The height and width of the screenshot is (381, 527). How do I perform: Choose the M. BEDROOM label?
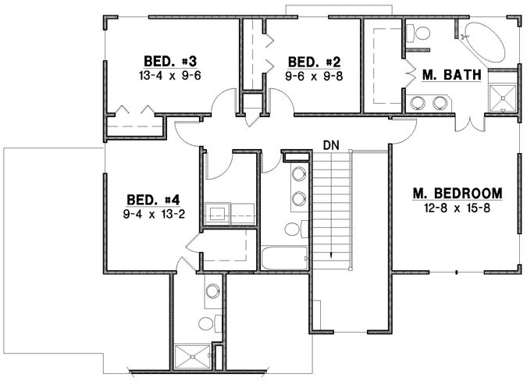[458, 194]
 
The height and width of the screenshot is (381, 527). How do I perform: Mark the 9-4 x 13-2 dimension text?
[153, 215]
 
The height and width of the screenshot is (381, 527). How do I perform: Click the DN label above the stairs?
[331, 145]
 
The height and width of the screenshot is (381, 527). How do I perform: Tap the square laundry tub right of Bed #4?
[217, 210]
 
